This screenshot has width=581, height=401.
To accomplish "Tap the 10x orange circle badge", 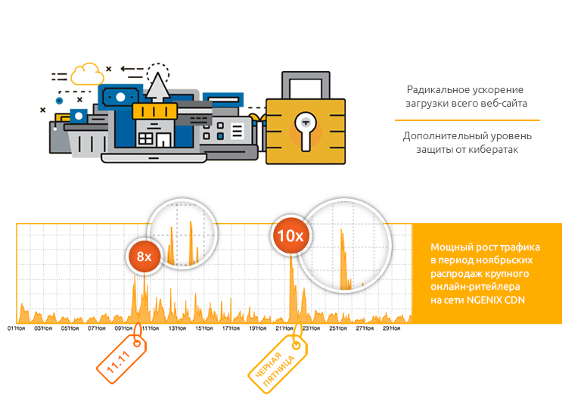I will pos(290,236).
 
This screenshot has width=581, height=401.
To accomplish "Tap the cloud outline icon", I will pos(87,73).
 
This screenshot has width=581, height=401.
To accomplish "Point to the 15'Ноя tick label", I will pos(204,329).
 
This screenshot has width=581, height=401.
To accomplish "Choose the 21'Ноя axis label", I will pos(284,329).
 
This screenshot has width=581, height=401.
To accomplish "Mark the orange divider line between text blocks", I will pos(467,120).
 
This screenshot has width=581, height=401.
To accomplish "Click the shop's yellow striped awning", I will pos(154,112).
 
